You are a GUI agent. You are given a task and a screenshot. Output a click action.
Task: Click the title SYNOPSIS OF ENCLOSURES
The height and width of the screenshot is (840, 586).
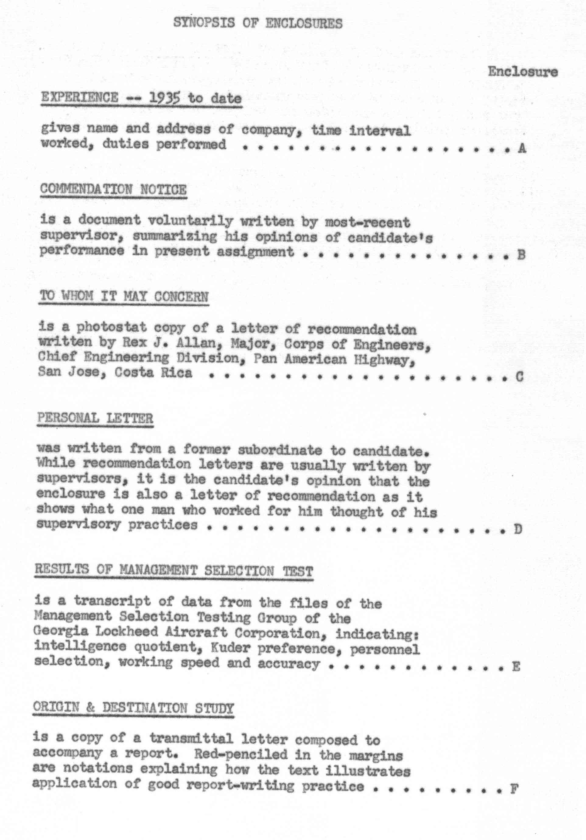(x=258, y=23)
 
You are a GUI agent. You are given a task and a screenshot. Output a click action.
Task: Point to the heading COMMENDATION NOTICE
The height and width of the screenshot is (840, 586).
(x=113, y=190)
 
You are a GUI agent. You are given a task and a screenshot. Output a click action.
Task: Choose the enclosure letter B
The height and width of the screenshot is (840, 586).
(x=521, y=255)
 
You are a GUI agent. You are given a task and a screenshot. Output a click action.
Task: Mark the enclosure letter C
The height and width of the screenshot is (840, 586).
(x=519, y=376)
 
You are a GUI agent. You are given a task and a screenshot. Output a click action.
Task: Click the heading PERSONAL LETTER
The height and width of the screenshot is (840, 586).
(x=95, y=418)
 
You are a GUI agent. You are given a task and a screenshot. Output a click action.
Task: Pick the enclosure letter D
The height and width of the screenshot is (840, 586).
(x=518, y=529)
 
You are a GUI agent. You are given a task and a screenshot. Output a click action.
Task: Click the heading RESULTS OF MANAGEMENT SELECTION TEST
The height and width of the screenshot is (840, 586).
(x=174, y=571)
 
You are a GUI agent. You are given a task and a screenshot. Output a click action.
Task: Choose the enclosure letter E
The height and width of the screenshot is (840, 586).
(x=516, y=667)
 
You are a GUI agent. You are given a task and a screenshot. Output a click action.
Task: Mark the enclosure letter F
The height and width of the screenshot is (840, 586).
(x=514, y=789)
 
